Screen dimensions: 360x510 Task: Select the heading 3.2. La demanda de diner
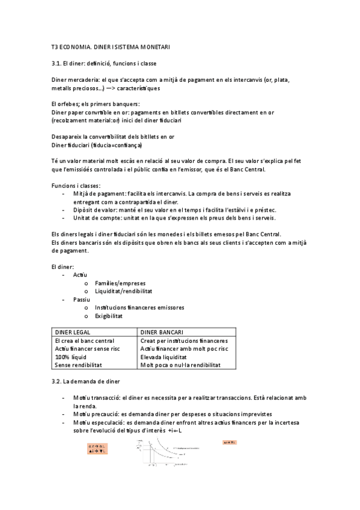[x=86, y=381]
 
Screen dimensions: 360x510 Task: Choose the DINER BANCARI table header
[x=162, y=332]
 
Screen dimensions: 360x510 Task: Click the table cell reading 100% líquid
[x=70, y=357]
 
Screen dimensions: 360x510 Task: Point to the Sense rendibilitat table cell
[x=78, y=364]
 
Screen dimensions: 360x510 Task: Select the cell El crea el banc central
[x=84, y=340]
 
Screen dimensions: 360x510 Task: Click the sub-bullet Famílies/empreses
[x=120, y=283]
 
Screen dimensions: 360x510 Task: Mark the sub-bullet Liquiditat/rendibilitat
[x=123, y=290]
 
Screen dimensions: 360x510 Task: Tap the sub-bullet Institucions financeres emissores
[x=139, y=307]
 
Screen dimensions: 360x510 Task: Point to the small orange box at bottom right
[x=230, y=443]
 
